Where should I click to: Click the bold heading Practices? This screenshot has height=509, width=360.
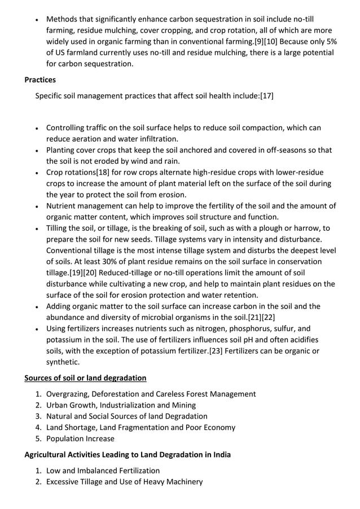click(39, 80)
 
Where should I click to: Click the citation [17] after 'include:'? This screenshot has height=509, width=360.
click(266, 96)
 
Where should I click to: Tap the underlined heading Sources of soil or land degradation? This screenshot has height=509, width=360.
click(85, 378)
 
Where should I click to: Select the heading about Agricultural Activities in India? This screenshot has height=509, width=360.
click(128, 454)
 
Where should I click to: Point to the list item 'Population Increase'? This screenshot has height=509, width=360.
click(80, 438)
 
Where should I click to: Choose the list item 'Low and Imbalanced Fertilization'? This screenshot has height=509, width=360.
click(103, 471)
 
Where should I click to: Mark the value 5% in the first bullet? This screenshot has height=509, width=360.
click(332, 41)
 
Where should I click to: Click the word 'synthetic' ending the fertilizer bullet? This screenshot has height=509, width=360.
click(62, 362)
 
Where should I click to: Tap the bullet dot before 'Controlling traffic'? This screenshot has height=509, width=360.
click(37, 129)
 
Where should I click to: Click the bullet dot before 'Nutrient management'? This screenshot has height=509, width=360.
click(37, 207)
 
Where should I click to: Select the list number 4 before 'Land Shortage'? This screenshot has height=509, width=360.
click(38, 428)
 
